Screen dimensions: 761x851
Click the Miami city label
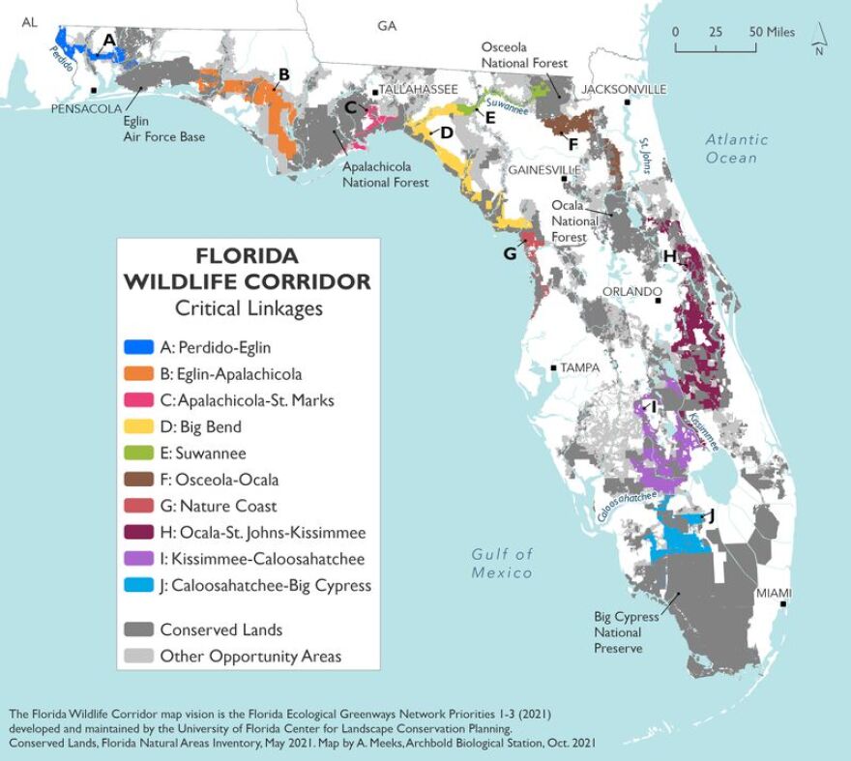(775, 592)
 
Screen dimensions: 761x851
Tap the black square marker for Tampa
(553, 367)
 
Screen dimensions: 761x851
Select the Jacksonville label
(624, 89)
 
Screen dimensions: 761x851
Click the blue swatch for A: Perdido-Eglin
(140, 346)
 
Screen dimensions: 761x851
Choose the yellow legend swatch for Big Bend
(140, 426)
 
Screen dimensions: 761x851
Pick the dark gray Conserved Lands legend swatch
(140, 629)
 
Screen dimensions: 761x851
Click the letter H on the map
(669, 255)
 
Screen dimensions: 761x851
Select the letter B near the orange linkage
(283, 74)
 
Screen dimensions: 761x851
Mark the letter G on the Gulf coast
(510, 253)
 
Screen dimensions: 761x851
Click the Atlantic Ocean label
(737, 148)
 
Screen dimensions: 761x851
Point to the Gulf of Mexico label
(502, 563)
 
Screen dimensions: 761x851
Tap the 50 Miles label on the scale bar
(770, 32)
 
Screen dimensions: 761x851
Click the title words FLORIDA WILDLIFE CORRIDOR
(248, 269)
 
